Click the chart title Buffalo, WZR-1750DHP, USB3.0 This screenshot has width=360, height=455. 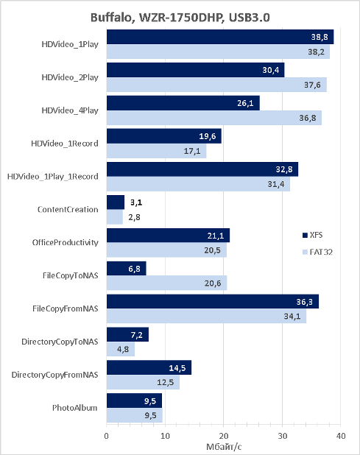tap(180, 18)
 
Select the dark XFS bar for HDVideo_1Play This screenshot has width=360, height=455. tap(220, 37)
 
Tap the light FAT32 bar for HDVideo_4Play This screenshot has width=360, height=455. tap(213, 118)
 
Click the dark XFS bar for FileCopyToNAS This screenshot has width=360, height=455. tap(126, 269)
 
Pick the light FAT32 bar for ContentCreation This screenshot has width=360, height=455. tap(115, 217)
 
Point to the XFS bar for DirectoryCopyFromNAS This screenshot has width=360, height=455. tap(149, 367)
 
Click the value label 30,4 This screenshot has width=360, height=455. tap(271, 70)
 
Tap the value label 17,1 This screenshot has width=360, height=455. tap(192, 151)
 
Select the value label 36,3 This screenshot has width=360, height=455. tap(304, 302)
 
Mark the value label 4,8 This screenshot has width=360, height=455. tap(123, 350)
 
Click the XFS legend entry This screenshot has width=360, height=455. tap(312, 235)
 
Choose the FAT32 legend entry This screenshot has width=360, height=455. tap(317, 252)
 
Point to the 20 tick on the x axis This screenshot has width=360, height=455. tap(223, 425)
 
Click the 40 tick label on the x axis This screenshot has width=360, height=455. tap(341, 436)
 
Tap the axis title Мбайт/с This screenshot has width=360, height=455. tap(224, 447)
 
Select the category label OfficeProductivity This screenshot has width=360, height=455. tap(66, 242)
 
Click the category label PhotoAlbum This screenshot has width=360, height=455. tap(75, 408)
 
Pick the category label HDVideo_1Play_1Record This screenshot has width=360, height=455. tap(53, 177)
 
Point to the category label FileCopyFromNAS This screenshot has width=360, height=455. tap(66, 308)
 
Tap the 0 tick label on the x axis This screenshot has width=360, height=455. tap(107, 436)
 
